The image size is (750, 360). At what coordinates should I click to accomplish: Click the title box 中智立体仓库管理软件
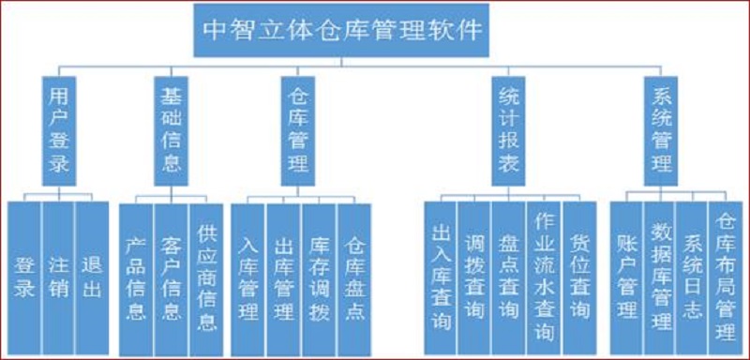[x=343, y=32]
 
